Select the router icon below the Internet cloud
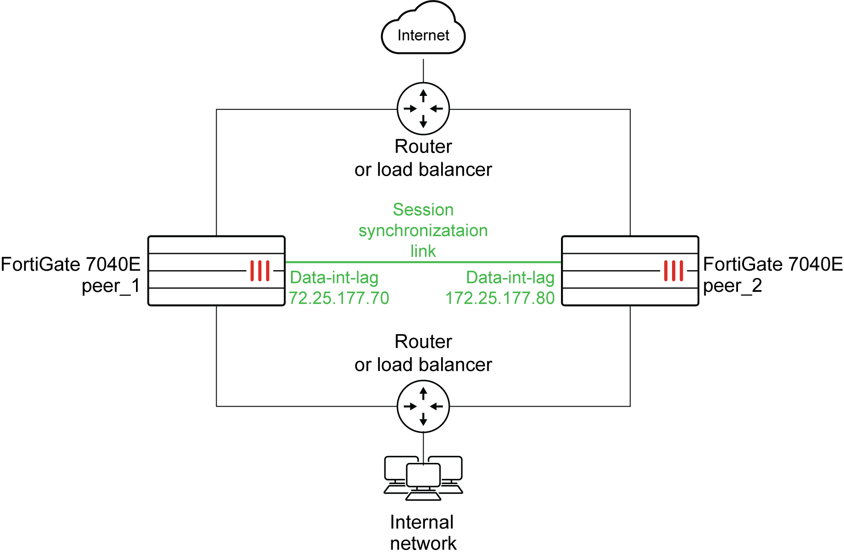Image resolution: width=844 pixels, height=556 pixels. (423, 109)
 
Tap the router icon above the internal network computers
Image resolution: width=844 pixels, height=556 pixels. (423, 406)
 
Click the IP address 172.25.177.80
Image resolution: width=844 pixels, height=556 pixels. (500, 298)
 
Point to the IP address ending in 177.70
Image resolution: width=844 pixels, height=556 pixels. (339, 298)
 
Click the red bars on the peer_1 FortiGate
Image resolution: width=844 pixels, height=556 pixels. (260, 271)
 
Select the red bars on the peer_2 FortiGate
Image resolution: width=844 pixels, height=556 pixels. (673, 271)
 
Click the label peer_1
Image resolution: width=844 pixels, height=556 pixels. (111, 286)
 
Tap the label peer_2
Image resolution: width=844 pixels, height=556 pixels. (732, 286)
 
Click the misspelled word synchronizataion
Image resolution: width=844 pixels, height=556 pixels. (423, 231)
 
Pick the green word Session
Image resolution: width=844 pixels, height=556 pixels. (423, 210)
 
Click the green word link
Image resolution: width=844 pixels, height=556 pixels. (423, 251)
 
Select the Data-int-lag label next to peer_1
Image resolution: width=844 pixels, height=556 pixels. (334, 278)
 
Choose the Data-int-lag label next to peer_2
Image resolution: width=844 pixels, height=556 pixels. (510, 278)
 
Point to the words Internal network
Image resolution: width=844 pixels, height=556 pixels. (423, 532)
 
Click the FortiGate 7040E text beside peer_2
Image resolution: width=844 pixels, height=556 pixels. (773, 265)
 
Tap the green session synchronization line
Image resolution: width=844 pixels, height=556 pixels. (423, 262)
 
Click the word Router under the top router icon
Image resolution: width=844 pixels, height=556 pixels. (423, 147)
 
